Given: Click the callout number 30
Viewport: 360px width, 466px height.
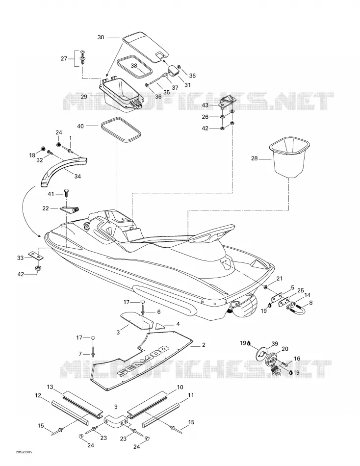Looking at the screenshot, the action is (x=101, y=37).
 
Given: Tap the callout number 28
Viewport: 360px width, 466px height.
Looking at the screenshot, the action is (x=255, y=158).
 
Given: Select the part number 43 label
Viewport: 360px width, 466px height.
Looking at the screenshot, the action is (x=205, y=105).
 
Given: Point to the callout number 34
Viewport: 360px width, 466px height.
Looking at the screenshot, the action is (x=77, y=176).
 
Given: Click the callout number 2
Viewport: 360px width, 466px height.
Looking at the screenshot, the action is (x=204, y=345).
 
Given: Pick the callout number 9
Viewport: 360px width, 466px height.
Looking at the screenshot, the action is (x=116, y=407).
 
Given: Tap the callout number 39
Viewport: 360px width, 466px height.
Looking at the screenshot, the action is (x=275, y=343).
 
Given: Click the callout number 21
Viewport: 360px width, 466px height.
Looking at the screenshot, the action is (x=280, y=279).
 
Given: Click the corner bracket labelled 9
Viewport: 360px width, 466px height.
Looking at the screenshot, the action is (x=116, y=418).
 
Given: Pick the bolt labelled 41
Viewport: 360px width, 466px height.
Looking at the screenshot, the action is (x=66, y=193).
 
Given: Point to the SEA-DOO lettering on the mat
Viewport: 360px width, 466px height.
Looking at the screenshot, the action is (x=143, y=361).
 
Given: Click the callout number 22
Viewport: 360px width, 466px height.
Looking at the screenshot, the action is (x=46, y=208).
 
